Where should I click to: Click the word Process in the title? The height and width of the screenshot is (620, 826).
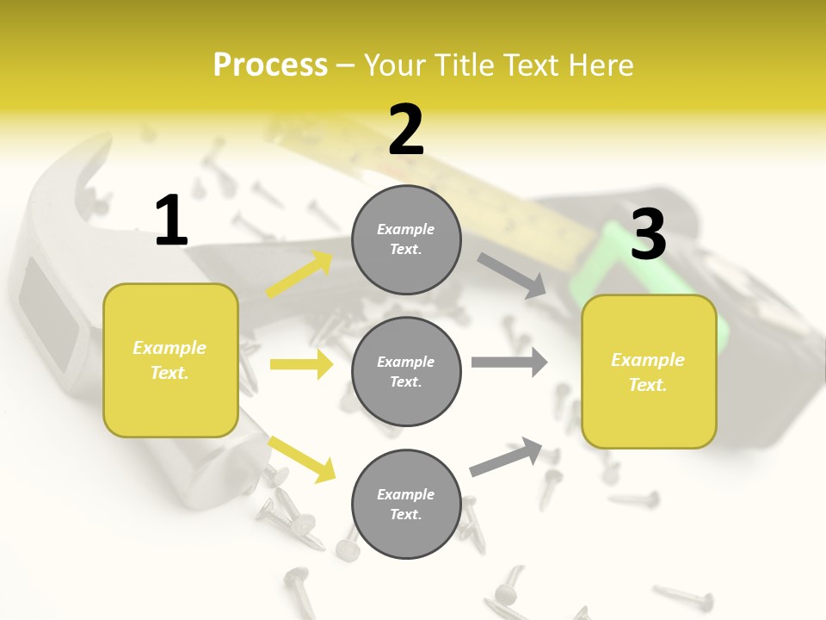pyautogui.click(x=270, y=65)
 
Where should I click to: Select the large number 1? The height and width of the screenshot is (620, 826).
pyautogui.click(x=171, y=221)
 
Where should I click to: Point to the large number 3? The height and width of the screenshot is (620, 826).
pyautogui.click(x=648, y=234)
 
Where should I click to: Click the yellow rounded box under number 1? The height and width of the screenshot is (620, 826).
pyautogui.click(x=170, y=360)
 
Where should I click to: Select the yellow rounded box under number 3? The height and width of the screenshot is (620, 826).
pyautogui.click(x=649, y=372)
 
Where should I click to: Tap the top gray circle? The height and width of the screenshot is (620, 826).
pyautogui.click(x=406, y=239)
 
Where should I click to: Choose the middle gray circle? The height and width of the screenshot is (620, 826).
pyautogui.click(x=406, y=372)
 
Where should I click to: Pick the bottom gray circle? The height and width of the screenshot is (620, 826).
pyautogui.click(x=406, y=505)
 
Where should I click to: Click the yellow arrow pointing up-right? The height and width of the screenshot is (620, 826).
pyautogui.click(x=299, y=275)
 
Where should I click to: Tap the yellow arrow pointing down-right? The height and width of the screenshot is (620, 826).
pyautogui.click(x=301, y=458)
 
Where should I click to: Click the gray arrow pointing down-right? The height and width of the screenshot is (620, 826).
pyautogui.click(x=513, y=276)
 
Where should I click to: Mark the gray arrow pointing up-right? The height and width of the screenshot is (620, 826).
pyautogui.click(x=506, y=457)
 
